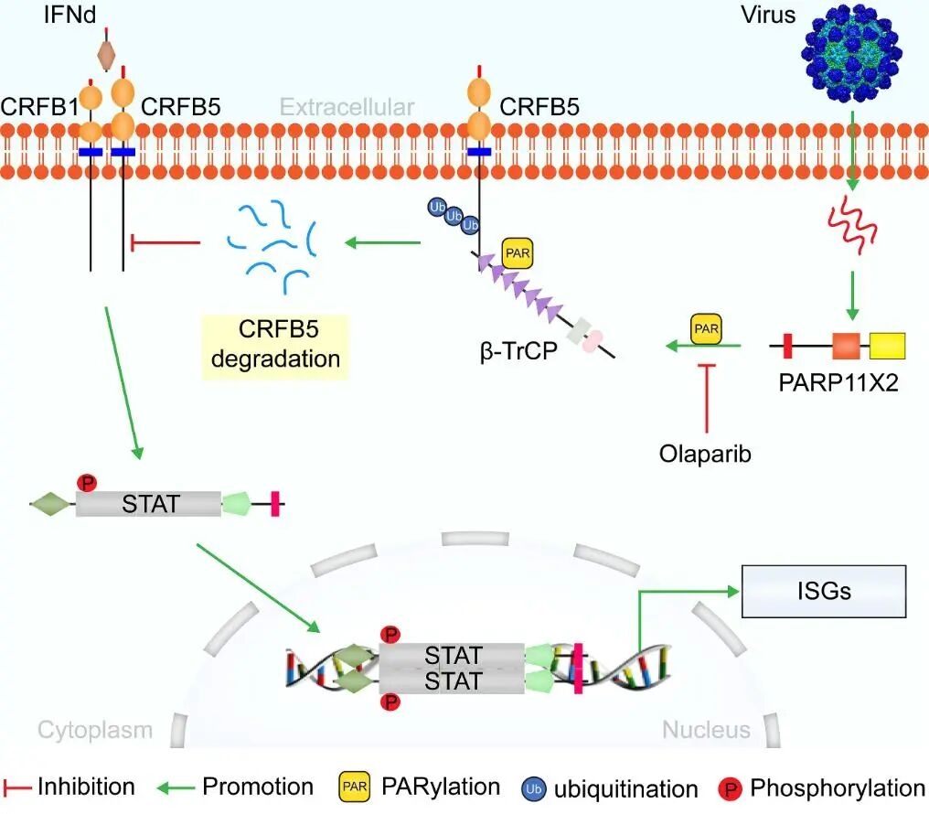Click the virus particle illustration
coord(851,53)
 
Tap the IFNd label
coord(69,15)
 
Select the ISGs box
coord(824,591)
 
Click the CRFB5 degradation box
coord(275,344)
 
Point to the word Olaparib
coord(705,454)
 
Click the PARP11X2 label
coord(838,382)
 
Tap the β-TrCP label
coord(518,351)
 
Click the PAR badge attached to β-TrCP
coord(518,253)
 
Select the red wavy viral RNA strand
coord(852,225)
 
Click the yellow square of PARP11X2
coord(887,346)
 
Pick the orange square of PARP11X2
coord(846,346)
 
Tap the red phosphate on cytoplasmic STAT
coord(87,483)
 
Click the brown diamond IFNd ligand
coord(106,55)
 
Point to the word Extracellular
coord(347,107)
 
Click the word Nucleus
coord(706,730)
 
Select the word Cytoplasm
coord(95,731)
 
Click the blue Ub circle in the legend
coord(533,789)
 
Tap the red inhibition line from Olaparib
coord(706,398)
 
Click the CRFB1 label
coord(39,107)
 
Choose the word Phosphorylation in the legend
coord(838,787)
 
